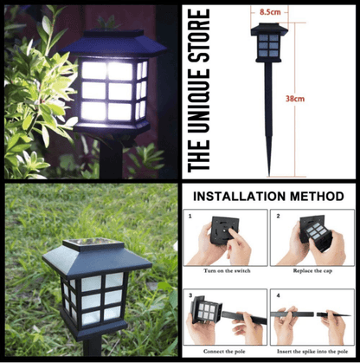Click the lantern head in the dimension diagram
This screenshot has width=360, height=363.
tap(269, 43)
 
